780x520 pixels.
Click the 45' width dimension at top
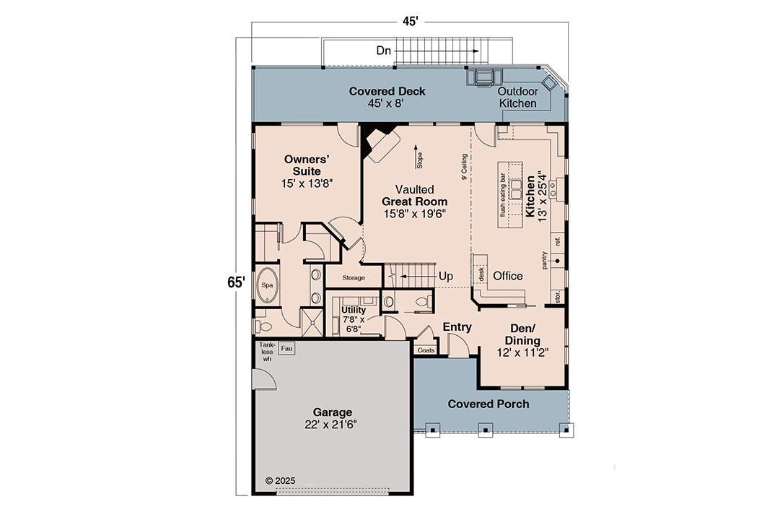tap(410, 22)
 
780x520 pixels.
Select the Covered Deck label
tap(387, 91)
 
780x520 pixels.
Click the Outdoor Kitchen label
tap(518, 97)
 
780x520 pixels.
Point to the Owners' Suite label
tap(307, 165)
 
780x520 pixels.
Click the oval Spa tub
tap(267, 285)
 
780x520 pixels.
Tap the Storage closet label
tap(353, 277)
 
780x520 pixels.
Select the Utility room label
tap(354, 310)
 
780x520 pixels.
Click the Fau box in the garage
tap(285, 348)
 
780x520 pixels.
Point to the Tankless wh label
tap(267, 352)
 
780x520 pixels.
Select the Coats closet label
tap(426, 350)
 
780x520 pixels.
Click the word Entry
tap(457, 327)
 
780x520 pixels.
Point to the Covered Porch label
tap(488, 404)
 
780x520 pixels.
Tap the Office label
tap(507, 276)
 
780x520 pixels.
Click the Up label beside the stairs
tap(446, 276)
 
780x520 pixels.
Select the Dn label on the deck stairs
tap(384, 51)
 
